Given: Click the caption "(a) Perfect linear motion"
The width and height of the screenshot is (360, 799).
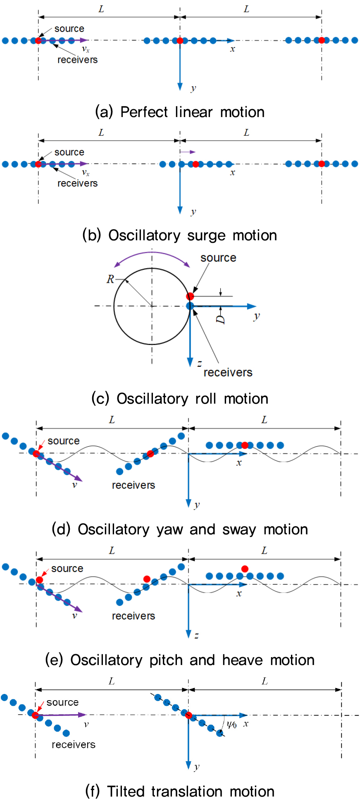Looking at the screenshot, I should click(180, 112).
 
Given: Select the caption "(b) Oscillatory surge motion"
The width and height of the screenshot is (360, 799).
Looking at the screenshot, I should click(180, 235).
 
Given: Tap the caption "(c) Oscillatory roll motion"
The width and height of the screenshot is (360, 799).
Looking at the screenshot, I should click(180, 399).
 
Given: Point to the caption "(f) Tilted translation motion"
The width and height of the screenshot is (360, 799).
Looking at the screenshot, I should click(180, 791).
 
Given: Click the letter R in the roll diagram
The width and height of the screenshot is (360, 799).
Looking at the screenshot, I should click(110, 279).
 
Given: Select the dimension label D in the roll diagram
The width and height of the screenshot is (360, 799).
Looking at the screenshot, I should click(221, 319).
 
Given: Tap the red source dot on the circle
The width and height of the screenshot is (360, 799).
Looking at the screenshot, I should click(190, 296).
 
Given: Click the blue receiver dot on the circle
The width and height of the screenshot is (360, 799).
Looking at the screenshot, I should click(190, 306).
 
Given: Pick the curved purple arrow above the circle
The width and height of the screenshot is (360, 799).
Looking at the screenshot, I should click(152, 254).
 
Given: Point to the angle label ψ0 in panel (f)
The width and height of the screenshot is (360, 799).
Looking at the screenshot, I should click(232, 725).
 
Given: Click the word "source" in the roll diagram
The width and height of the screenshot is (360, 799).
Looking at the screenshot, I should click(218, 258).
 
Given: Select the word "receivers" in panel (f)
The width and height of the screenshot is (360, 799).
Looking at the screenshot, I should click(74, 745).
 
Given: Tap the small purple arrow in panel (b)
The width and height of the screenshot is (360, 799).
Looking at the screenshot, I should click(187, 152).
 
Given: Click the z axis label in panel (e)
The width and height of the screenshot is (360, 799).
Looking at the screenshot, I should click(197, 635).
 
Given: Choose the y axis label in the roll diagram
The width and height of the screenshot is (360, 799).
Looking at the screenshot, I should click(257, 316).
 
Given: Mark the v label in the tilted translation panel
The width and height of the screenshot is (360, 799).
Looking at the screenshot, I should click(86, 725).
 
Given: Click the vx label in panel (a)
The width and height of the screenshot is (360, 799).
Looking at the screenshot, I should click(86, 49).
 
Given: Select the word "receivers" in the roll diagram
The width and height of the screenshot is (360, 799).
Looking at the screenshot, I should click(228, 373).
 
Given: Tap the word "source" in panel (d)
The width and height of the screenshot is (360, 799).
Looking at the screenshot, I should click(64, 441).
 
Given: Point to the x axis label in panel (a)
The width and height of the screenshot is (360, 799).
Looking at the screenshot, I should click(233, 49).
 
